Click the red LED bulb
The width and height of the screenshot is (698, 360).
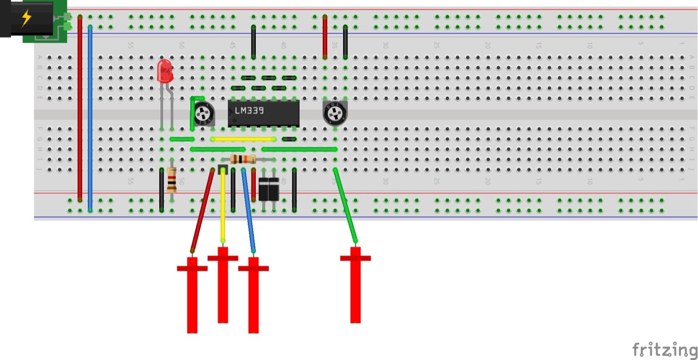165,71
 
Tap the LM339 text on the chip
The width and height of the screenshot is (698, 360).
250,111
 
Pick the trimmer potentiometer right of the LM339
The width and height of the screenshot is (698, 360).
334,113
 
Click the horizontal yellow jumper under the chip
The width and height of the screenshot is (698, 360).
243,139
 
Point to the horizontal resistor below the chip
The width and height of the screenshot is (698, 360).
243,159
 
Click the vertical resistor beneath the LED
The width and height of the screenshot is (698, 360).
172,181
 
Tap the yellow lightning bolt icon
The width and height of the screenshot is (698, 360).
26,19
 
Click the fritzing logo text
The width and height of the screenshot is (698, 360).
664,349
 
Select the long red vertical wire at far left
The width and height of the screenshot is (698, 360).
80,109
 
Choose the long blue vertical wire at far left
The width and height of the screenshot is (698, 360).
90,117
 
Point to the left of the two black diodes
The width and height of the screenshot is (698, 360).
264,190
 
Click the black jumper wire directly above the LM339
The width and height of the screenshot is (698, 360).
254,41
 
